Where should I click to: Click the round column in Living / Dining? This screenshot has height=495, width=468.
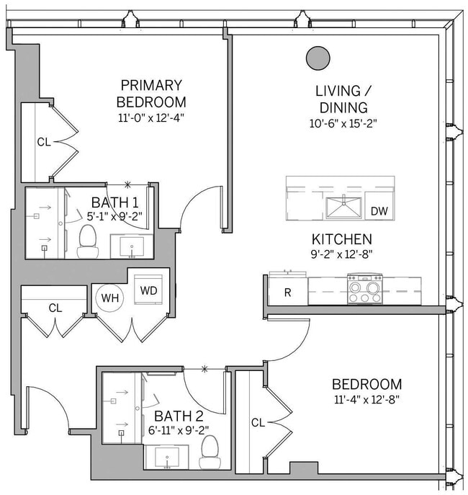pos(316,58)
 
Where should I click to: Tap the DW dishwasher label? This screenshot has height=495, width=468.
pos(379,211)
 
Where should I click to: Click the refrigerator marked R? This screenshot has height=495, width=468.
pos(288,293)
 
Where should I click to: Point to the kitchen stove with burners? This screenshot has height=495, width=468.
pos(365,290)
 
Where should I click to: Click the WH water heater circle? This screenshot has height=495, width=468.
pos(110,298)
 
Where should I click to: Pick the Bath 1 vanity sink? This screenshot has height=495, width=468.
pos(131,245)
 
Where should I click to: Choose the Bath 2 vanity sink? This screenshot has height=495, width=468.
pos(167,456)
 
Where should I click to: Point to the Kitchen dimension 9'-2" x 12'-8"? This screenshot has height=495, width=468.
pos(341,254)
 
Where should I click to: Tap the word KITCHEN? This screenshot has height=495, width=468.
pos(341,239)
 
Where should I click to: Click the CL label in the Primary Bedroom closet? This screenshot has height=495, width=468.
pos(44,142)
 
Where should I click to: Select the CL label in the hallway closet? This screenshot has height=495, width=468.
pos(55,308)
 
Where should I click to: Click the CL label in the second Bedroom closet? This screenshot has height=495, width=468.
pos(257,423)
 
